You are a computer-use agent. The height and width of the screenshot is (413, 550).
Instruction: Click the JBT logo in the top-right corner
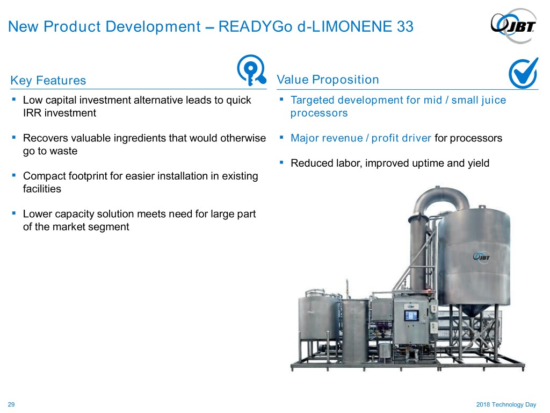tap(513, 26)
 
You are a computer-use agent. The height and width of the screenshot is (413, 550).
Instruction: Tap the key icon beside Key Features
tap(251, 70)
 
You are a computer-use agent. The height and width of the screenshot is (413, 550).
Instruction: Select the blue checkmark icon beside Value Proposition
tap(523, 73)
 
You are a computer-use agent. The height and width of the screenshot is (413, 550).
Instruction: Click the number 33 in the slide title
tap(405, 27)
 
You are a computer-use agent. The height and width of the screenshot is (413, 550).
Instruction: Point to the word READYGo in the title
tap(255, 27)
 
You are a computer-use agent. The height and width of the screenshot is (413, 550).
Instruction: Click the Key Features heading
tap(48, 81)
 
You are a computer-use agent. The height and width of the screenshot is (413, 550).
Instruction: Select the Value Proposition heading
tap(328, 80)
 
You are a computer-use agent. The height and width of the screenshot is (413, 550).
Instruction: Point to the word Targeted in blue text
tap(313, 101)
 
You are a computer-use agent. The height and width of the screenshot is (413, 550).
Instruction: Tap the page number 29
tap(11, 404)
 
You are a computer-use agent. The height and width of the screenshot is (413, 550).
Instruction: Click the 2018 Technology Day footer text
tap(506, 404)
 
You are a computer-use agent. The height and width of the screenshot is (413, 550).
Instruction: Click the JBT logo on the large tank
tap(481, 257)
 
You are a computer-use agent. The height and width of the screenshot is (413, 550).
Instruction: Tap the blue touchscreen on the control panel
tap(411, 316)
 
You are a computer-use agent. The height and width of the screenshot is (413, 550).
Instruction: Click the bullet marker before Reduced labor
tap(281, 162)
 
